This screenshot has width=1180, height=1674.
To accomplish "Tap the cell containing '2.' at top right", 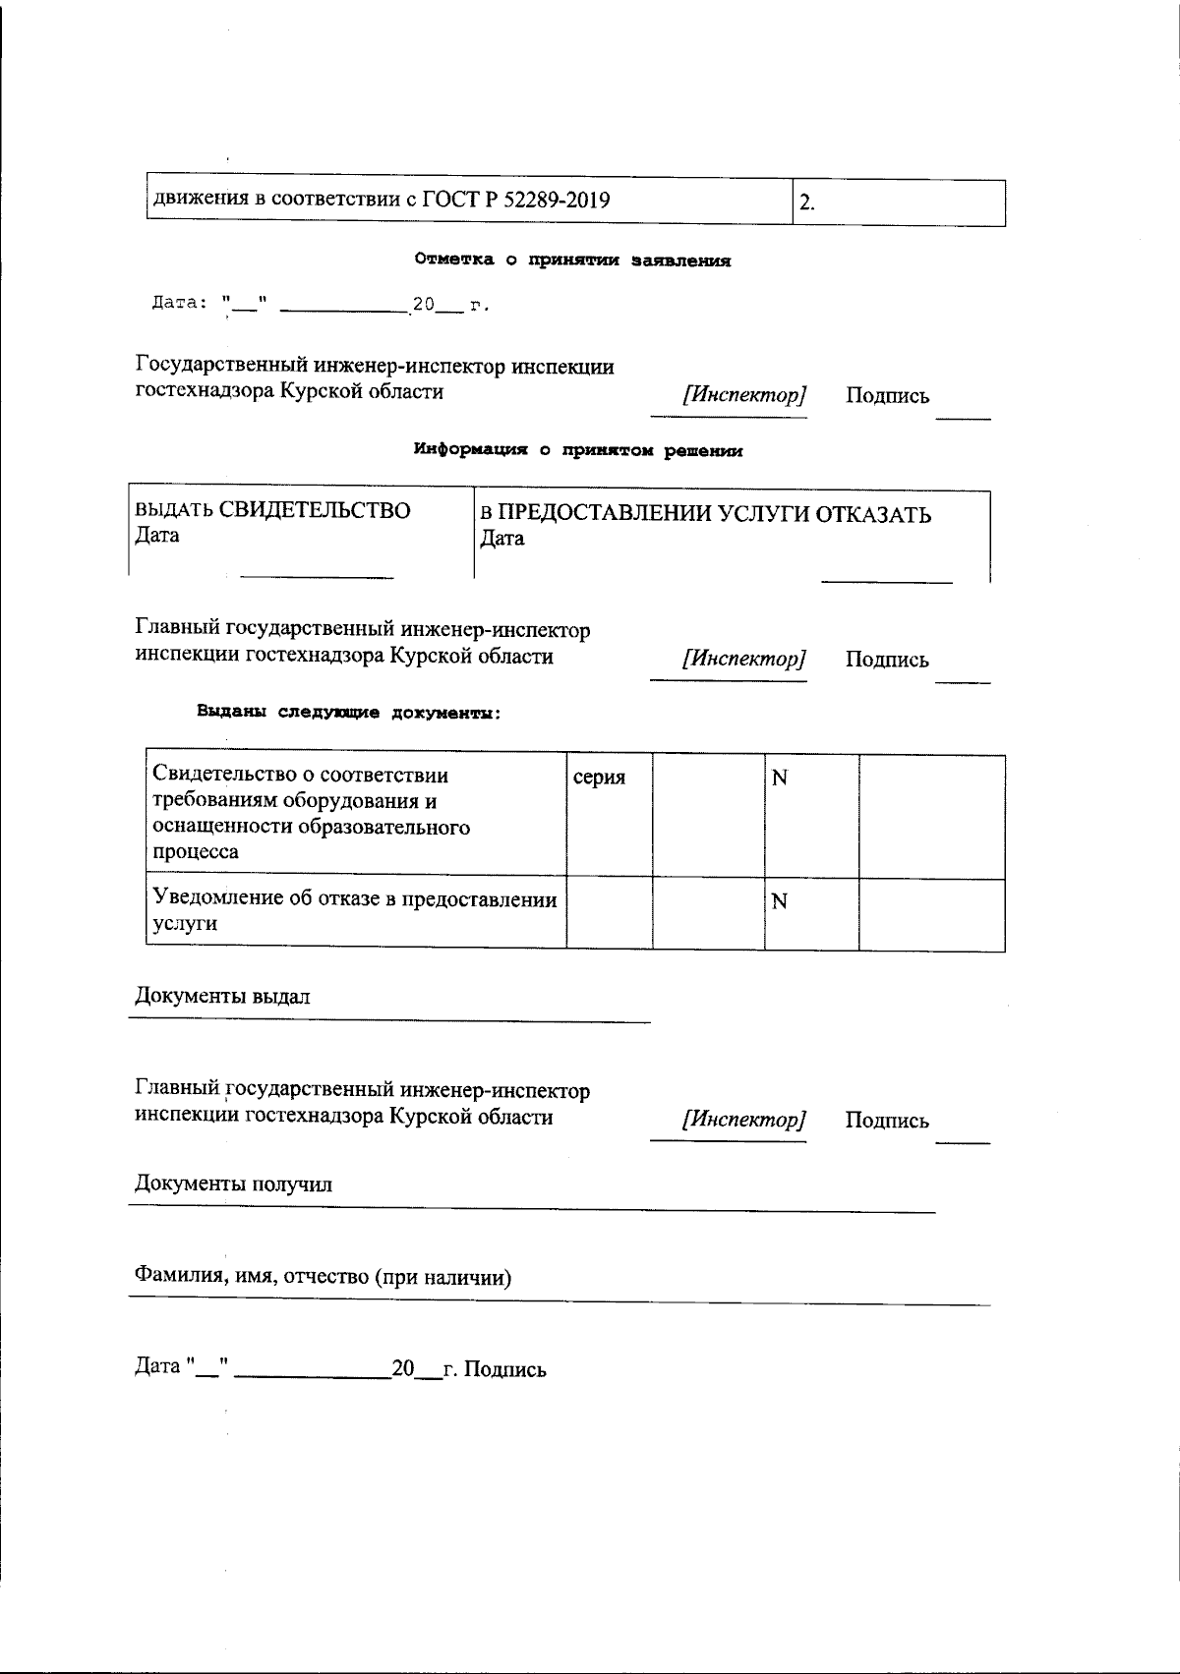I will pos(899,203).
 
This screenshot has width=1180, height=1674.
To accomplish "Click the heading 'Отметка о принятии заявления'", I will pos(572,261).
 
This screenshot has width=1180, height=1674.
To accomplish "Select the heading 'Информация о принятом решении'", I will pos(577,451).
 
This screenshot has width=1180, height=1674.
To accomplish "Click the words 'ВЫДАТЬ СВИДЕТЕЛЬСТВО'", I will pos(272,510).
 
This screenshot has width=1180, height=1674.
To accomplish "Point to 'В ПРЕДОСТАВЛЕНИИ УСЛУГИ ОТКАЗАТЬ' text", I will pos(705,515).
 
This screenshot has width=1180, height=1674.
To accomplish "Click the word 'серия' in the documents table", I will pos(599,778).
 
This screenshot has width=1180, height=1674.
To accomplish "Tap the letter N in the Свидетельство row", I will pos(780,779).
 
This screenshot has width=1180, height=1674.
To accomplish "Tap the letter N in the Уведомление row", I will pos(780,901).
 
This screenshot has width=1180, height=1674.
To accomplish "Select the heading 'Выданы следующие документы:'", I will pos(349,713).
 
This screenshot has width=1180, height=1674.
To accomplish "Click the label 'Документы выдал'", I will pos(222,997).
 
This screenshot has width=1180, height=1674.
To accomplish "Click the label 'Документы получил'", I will pos(233,1184).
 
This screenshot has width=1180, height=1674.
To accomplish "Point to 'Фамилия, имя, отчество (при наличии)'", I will pos(323,1277).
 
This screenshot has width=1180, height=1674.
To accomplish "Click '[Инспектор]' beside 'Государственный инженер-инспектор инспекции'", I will pos(744,395).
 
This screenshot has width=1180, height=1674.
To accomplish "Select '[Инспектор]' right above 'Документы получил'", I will pos(744,1120).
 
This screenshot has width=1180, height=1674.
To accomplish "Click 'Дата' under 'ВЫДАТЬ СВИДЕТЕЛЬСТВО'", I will pos(156,536).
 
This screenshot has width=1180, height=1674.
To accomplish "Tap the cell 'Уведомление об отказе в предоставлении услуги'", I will pos(355,911).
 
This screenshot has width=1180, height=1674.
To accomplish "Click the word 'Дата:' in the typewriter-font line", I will pos(176,304).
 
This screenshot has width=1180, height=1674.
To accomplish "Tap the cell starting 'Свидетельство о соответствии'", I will pos(355,814).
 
